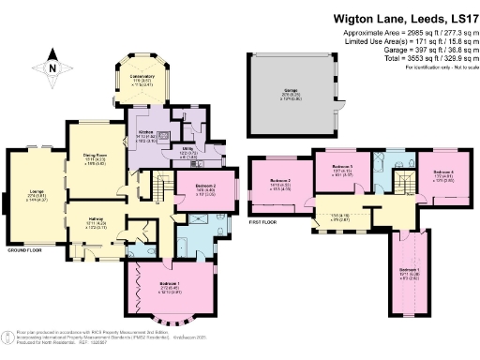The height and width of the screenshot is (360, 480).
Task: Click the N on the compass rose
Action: pyautogui.click(x=52, y=67)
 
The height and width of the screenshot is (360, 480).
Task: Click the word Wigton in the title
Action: pyautogui.click(x=357, y=17)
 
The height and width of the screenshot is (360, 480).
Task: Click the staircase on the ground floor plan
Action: pyautogui.click(x=160, y=194)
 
